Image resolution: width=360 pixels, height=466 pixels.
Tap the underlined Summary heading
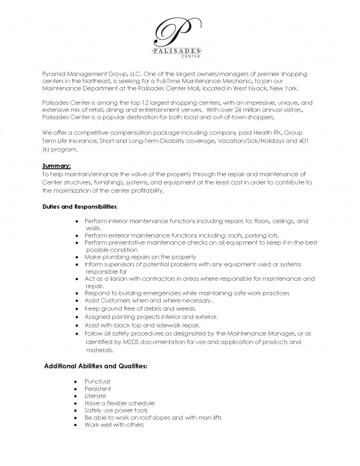click(56, 166)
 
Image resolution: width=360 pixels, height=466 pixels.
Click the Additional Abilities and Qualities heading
click(96, 366)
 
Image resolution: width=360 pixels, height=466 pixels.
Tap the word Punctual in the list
click(97, 382)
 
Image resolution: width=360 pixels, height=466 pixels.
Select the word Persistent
click(97, 389)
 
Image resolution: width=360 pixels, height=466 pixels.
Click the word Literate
click(95, 396)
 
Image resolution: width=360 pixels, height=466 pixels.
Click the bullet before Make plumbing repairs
click(76, 257)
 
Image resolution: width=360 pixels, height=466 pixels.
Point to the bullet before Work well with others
click(76, 425)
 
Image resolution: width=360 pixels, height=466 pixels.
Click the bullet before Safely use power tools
click(76, 410)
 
